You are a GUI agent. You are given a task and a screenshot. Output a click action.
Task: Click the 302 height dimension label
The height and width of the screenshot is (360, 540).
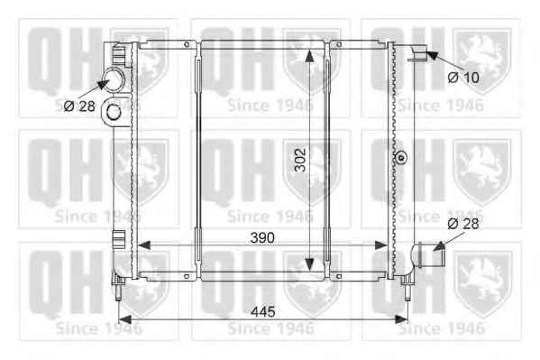point(300,160)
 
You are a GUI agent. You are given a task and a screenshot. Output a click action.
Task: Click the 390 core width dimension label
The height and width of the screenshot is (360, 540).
point(262,237)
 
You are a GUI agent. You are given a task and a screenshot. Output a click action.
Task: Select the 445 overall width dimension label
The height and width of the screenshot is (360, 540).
point(263,311)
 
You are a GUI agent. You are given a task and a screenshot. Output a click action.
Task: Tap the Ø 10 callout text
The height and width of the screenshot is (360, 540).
point(463,78)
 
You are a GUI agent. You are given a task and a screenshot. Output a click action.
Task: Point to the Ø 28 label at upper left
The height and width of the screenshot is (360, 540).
point(79,106)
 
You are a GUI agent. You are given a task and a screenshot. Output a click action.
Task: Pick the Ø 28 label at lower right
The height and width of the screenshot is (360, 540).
point(463,224)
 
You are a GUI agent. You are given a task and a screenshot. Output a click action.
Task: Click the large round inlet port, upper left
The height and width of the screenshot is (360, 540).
point(114,80)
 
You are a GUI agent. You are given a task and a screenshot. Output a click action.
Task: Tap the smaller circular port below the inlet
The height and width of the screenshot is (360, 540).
point(113,112)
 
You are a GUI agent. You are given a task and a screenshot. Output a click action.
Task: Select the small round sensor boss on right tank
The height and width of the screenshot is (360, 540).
point(400,158)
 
